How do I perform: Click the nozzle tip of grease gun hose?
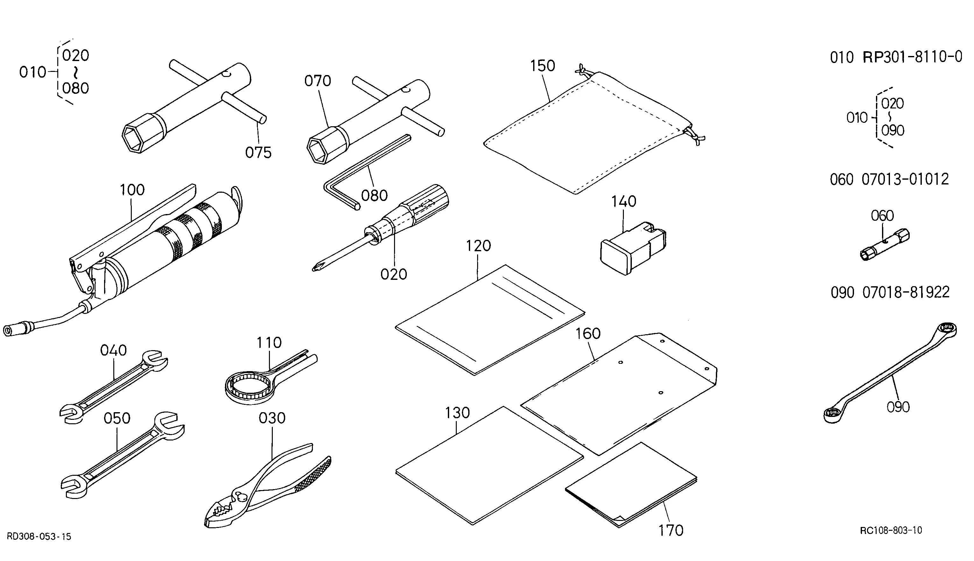(9, 331)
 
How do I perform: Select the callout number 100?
(132, 190)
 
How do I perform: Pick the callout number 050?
(117, 419)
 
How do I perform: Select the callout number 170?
(671, 530)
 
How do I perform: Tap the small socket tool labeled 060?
(885, 246)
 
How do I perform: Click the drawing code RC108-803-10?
(891, 530)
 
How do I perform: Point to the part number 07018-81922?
(906, 293)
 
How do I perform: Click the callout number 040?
(113, 350)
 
